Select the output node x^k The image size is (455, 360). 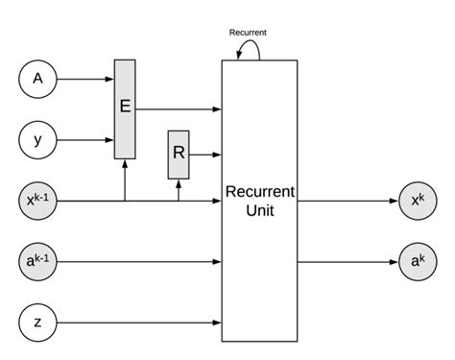coord(418,201)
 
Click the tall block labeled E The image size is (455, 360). coord(126,107)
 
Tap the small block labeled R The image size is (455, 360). coord(179,154)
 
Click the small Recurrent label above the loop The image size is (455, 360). coord(248,32)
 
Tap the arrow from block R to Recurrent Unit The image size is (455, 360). coord(205,154)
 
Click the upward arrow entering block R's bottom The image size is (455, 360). coord(179,190)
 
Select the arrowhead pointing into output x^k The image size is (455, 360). coord(393,201)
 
